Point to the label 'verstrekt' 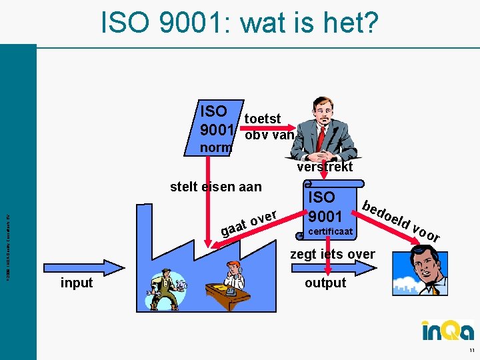tap(325, 167)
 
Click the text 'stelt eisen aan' tap(216, 187)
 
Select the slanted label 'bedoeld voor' tap(401, 220)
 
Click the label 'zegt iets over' tap(333, 254)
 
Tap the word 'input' tap(77, 283)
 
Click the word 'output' tap(325, 283)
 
